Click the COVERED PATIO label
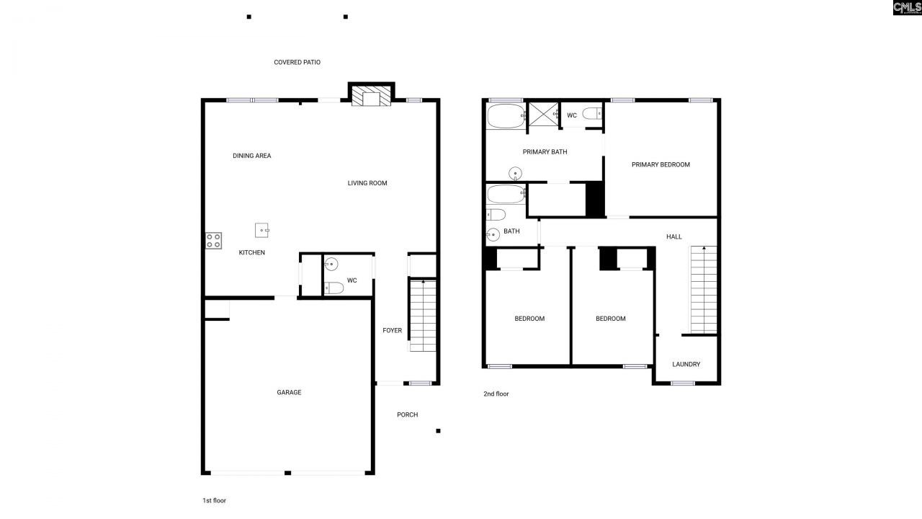coord(297,63)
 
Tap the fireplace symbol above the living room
coord(372,98)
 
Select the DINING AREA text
coord(251,156)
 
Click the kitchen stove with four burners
coord(214,241)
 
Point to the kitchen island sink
coord(262,230)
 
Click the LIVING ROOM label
coord(367,183)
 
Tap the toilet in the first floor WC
coord(334,288)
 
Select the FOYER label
coord(392,331)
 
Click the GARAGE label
coord(289,393)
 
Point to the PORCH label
coord(407,414)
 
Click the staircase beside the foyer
coord(423,316)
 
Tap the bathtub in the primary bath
coord(506,115)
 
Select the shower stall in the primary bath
coord(544,115)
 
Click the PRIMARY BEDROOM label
coord(661,164)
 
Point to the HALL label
coord(673,236)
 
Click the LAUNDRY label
coord(686,365)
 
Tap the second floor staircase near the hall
coord(704,288)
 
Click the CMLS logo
coord(907,8)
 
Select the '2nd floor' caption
coord(496,394)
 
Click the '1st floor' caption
coord(214,500)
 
